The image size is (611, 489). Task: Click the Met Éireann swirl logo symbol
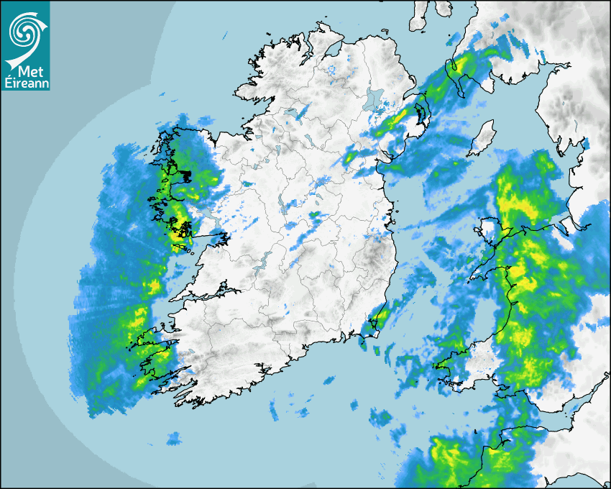pyautogui.click(x=25, y=31)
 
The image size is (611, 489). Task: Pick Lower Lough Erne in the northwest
pyautogui.click(x=295, y=112)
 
